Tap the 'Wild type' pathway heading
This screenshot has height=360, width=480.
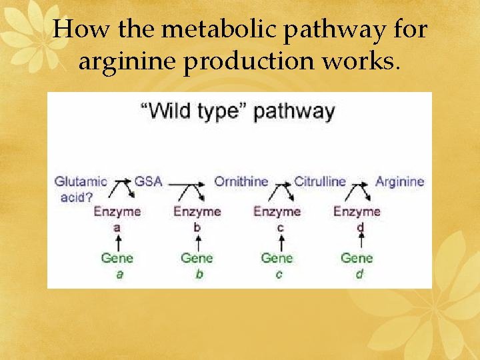pos(237,111)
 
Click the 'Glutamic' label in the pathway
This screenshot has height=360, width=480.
pos(81,181)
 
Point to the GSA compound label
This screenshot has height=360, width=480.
pos(148,181)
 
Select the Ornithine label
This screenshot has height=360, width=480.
pos(241,181)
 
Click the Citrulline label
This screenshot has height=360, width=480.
pos(320,181)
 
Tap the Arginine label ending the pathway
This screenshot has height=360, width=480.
pos(399,181)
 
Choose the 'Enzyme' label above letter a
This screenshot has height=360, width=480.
pos(117,212)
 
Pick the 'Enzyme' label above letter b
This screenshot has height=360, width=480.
pos(197,212)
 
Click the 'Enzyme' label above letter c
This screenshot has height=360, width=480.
pos(277,212)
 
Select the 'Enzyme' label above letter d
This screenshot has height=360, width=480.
pos(357,212)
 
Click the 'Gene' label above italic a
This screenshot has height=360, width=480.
pos(117,258)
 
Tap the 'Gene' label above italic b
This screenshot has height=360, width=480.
pos(197,258)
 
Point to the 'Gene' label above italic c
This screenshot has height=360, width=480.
pos(277,258)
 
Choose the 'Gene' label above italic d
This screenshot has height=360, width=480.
pos(357,258)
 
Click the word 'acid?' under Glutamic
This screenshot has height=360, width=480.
pos(77,197)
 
